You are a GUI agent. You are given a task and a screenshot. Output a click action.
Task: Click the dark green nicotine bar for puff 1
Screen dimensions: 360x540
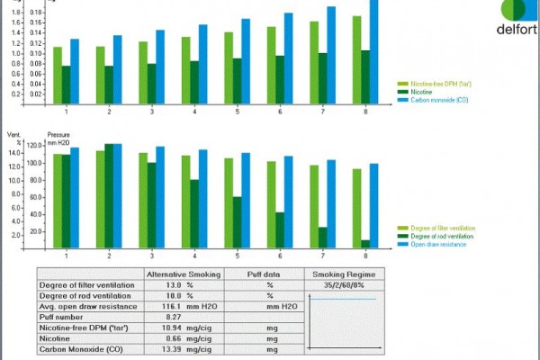click(x=67, y=83)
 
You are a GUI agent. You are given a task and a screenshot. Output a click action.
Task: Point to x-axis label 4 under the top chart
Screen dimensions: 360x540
click(x=194, y=112)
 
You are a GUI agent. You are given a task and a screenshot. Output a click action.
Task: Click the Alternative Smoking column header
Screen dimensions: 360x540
click(x=184, y=274)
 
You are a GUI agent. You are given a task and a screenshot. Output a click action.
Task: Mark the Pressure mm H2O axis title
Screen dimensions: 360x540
click(x=58, y=139)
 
